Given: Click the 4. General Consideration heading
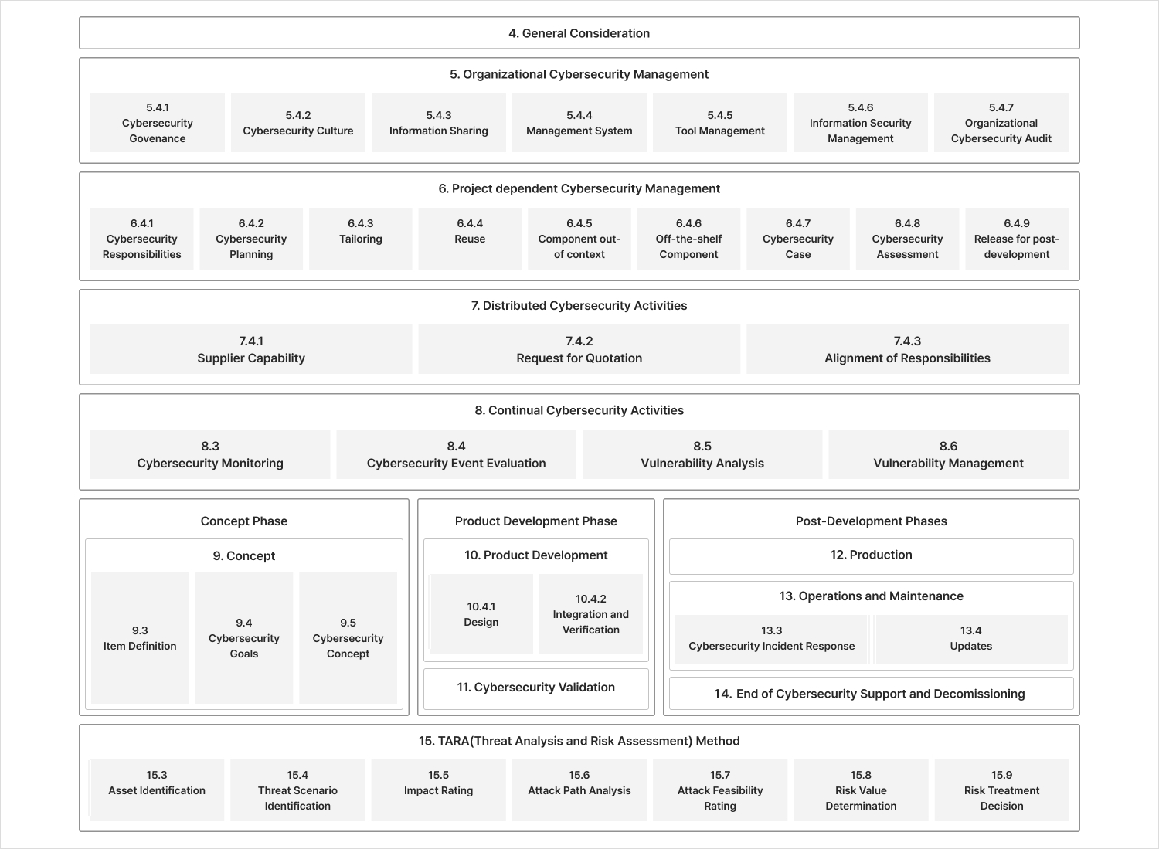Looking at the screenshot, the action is [579, 33].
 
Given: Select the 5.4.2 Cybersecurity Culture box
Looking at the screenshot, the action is [297, 123].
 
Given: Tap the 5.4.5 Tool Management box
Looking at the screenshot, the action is [719, 123].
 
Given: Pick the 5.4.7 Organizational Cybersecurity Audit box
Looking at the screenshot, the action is [1001, 123].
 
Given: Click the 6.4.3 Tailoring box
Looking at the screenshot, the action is [360, 238].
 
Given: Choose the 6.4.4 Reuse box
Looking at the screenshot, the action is [470, 238].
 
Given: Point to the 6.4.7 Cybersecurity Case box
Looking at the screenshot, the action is [797, 238].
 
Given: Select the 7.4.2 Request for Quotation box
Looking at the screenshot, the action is [579, 349].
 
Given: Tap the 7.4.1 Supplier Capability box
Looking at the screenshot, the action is [251, 349].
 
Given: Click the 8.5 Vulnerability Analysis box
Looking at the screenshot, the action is [702, 454].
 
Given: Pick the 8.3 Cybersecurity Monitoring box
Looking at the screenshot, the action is [210, 454].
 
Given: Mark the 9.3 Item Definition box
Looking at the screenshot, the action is [140, 638].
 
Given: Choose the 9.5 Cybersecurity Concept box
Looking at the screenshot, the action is [348, 638].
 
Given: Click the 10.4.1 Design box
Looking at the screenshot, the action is [481, 614].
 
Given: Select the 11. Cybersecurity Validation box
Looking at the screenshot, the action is [535, 688].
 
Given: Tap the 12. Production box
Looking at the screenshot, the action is [871, 555].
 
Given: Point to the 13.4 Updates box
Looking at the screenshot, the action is [970, 639].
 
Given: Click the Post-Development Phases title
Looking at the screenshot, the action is [871, 521].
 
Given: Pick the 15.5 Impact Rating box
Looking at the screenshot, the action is [438, 790].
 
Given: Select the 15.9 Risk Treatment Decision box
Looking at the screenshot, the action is [1001, 790].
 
